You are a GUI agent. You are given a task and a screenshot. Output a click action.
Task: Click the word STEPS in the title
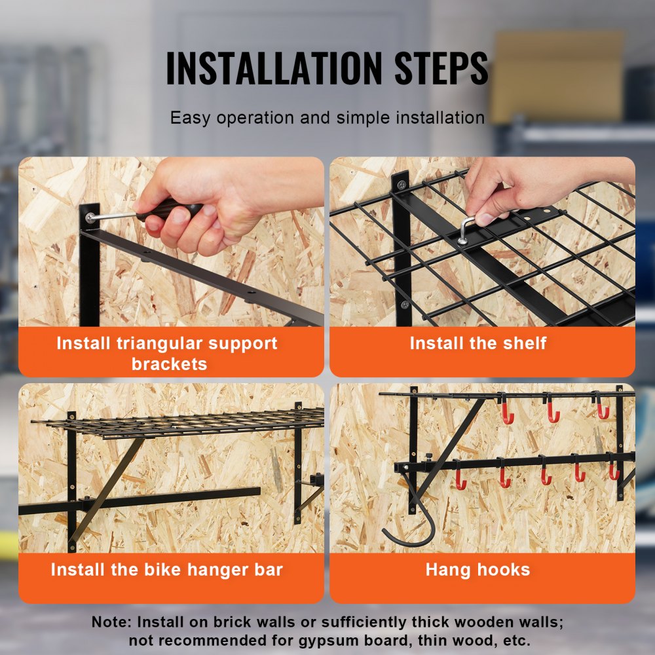[440, 67]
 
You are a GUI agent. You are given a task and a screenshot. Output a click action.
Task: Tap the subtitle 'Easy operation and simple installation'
[327, 118]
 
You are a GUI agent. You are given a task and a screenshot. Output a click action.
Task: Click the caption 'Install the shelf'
[477, 343]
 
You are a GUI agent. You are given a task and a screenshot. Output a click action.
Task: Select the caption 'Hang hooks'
[477, 569]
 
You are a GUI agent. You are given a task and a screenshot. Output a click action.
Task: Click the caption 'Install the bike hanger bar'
[167, 569]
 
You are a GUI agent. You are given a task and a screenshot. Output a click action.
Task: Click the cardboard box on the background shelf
[556, 75]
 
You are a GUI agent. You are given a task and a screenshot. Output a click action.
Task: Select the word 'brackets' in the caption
[170, 364]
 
